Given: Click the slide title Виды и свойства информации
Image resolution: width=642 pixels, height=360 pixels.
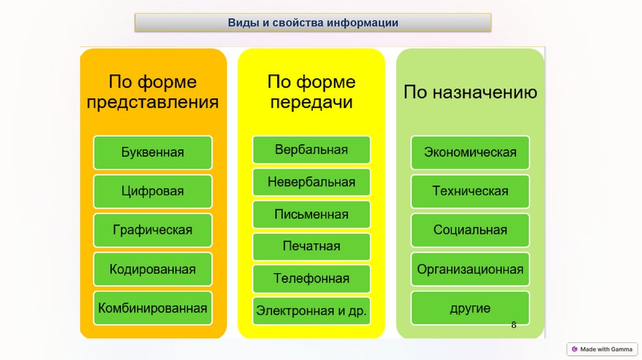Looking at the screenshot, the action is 313,23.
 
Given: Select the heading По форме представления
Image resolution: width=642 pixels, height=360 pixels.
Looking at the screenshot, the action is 152,92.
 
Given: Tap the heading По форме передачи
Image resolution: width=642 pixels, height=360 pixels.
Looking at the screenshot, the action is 311,92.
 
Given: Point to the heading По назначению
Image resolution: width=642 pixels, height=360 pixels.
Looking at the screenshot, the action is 470,93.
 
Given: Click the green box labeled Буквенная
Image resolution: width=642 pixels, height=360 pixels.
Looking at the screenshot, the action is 152,152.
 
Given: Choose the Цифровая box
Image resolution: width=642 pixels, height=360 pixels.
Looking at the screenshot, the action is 152,191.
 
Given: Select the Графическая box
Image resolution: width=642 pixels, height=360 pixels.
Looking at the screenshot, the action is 152,230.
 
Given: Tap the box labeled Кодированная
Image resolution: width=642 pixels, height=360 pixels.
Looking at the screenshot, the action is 152,269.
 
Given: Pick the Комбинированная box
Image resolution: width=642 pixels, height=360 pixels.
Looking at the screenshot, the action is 152,308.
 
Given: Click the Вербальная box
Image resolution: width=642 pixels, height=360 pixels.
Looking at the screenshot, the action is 311,150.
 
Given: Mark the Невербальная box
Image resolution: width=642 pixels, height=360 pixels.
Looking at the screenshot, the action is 311,182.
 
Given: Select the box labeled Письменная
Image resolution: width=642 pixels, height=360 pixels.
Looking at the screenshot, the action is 311,214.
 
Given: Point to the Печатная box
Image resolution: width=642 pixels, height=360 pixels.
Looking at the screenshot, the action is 311,246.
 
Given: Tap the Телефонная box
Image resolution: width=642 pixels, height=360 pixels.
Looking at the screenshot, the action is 311,278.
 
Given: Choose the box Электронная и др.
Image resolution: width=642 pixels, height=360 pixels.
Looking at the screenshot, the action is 311,311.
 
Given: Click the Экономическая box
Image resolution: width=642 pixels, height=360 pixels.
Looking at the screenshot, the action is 470,152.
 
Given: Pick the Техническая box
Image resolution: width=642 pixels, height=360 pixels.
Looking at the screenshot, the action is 470,191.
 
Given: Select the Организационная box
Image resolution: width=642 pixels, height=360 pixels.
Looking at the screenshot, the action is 470,270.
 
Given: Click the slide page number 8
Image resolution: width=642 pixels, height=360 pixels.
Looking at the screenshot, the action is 513,324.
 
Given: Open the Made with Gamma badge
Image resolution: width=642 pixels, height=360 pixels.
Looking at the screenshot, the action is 601,349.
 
